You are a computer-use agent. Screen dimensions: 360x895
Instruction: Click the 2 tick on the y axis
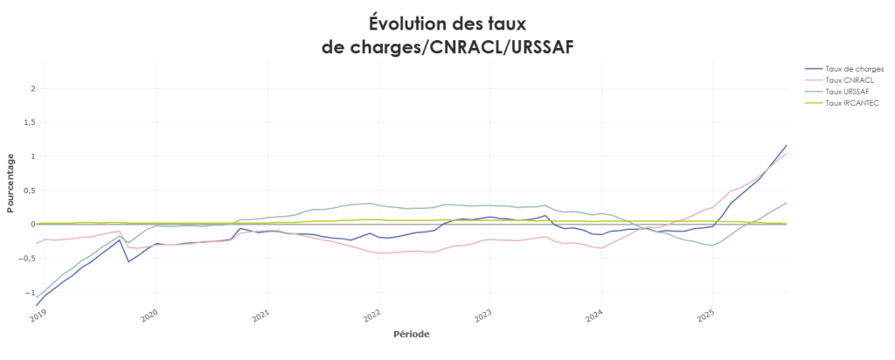[x=31, y=88]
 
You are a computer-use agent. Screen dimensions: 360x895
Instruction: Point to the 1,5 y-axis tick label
[x=28, y=122]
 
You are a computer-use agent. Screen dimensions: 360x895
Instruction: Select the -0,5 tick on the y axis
[x=26, y=259]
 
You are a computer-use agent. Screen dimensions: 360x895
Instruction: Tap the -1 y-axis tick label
[x=30, y=293]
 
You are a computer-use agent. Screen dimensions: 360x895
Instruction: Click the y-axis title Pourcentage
[x=10, y=183]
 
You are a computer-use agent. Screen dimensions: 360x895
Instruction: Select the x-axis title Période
[x=411, y=333]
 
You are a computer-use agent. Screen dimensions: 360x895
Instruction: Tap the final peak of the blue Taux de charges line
[x=787, y=145]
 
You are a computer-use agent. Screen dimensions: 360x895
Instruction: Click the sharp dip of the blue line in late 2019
[x=129, y=261]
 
